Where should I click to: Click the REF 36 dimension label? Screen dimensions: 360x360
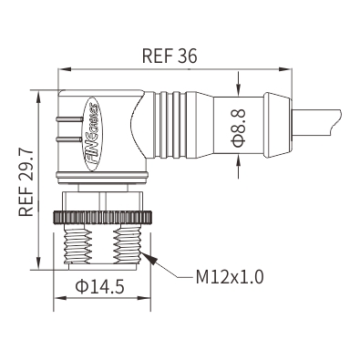point(170,56)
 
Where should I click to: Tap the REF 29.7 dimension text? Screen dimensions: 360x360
point(26,182)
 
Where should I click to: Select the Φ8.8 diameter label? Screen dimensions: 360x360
point(239,128)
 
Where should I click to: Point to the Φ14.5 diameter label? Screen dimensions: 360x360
point(100,286)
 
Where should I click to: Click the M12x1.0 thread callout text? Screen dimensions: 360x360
point(230,277)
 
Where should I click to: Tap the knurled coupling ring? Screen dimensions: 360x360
point(103,217)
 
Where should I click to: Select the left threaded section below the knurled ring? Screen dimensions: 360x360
point(77,246)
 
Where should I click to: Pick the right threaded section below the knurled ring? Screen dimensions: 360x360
point(127,245)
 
